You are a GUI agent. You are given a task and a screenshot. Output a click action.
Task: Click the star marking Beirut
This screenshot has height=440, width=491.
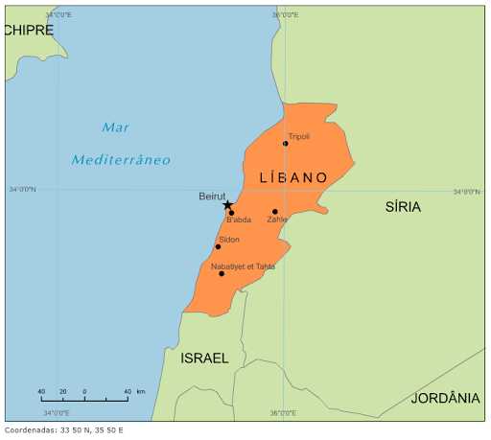coord(227,204)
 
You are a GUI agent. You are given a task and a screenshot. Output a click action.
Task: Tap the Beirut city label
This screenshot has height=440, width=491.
coord(212,196)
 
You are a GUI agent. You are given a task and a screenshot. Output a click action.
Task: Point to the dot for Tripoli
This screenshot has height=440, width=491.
coord(285,144)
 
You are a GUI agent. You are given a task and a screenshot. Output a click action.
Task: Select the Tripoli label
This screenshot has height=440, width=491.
coord(298,137)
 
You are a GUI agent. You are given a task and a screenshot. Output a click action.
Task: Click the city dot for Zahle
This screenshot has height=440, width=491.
coord(274,212)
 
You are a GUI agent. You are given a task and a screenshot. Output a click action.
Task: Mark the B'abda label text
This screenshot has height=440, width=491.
coord(239,220)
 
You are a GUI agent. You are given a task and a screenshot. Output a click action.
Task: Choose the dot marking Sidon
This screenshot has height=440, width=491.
coord(218,246)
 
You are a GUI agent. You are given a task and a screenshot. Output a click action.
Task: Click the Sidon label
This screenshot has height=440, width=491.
coord(229,240)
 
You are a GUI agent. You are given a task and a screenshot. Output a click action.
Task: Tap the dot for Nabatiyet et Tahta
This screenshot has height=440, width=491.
coord(222,273)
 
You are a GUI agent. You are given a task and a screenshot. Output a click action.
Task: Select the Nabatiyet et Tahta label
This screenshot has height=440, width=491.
coord(243,266)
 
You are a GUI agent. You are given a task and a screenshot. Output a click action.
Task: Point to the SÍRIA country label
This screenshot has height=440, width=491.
coord(403,206)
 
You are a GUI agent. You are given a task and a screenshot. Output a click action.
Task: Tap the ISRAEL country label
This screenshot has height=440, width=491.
coord(204,358)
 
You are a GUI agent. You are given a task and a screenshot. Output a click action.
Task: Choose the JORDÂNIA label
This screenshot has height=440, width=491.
coord(445,398)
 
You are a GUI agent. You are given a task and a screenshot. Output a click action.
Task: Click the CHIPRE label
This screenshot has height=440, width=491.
coord(28,30)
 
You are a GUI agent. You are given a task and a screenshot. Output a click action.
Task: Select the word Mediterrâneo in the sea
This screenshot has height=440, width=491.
coord(121,159)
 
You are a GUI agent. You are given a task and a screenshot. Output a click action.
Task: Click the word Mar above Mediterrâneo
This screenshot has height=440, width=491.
coord(116,127)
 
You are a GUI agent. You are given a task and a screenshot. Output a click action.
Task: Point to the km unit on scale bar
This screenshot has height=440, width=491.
coord(140,391)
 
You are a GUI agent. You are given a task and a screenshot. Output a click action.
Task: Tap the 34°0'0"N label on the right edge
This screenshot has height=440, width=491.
coord(466,192)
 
